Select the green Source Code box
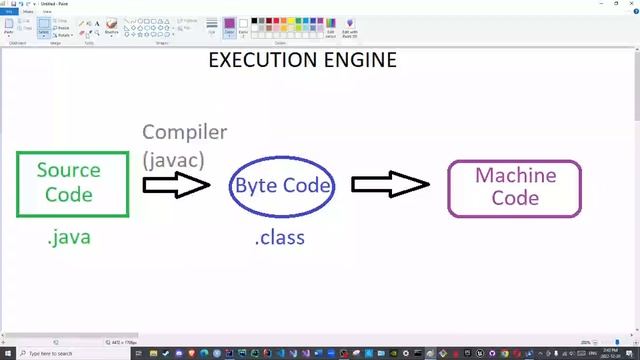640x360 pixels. coord(72,184)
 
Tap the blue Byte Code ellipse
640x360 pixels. coord(281,185)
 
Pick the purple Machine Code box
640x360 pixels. coord(514,187)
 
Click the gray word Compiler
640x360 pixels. coord(184,132)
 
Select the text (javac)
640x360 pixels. coord(174,158)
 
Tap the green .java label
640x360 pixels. coord(68,238)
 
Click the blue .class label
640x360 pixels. coord(279,238)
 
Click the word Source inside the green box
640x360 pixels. coord(68,170)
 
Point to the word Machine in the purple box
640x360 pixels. coord(515,175)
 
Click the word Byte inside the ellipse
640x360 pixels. coord(254,185)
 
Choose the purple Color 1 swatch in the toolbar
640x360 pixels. coord(229,24)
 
